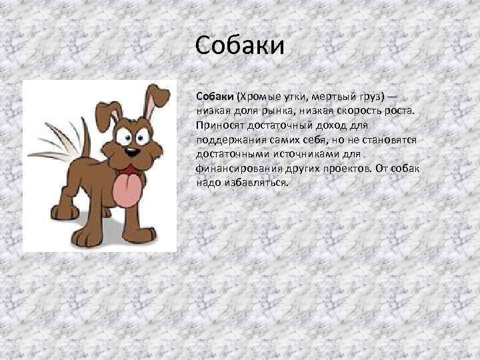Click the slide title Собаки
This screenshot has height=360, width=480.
click(241, 46)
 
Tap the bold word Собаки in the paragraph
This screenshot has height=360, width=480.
click(214, 97)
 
